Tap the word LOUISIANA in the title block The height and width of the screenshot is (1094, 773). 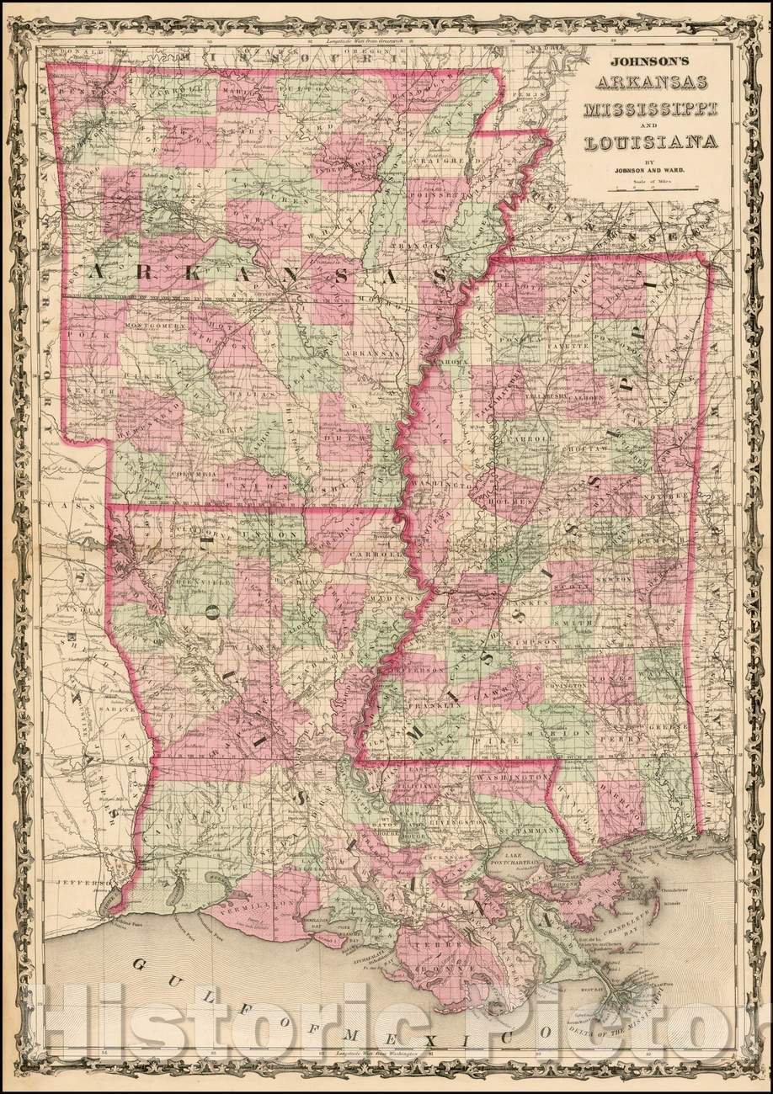click(x=653, y=141)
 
